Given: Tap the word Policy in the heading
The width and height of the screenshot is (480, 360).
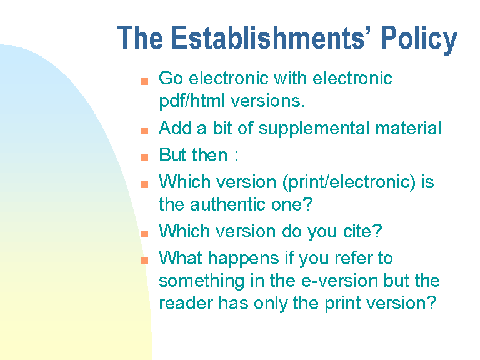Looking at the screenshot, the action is point(419,40).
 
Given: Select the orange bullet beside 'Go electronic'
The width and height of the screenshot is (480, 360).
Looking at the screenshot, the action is point(144,81).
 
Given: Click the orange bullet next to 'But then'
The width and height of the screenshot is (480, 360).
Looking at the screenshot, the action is point(144,157).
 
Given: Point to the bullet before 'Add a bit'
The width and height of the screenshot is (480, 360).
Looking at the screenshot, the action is point(144,131).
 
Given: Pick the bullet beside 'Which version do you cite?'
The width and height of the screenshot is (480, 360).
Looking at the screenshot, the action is point(144,234).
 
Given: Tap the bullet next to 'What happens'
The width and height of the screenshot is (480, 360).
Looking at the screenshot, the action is point(144,261).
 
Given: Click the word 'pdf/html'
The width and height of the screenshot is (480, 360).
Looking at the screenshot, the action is point(192,101).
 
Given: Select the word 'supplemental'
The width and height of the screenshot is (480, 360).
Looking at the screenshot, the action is point(314,129).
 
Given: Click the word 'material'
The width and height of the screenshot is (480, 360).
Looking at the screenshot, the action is point(408,128).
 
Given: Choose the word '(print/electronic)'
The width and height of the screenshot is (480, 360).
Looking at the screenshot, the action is point(349,182).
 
